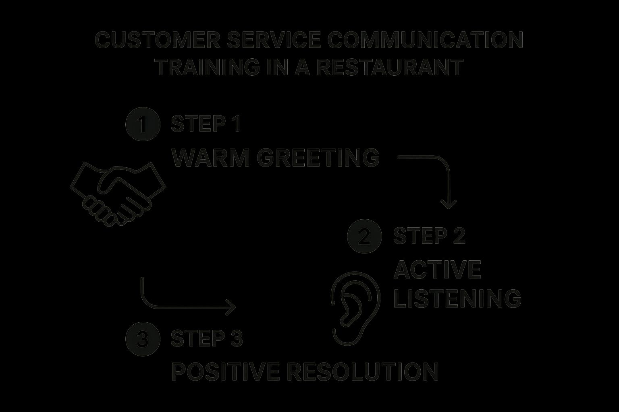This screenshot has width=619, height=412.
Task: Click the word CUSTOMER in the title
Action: pos(158,40)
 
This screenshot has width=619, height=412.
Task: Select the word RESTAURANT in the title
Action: pos(390,67)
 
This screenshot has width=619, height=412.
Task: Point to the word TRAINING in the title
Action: pos(208,67)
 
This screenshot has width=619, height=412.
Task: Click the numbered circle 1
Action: pos(143,124)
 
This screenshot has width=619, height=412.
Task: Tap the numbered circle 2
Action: pos(364,236)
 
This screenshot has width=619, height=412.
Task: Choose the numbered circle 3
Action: pos(143,339)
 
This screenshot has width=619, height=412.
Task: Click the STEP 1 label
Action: pos(206,124)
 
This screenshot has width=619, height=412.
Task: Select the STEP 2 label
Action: pos(430,236)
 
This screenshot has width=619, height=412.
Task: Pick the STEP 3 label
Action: pos(207,338)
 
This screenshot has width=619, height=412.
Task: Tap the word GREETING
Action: pos(318,158)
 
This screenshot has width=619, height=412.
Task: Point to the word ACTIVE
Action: pos(437,269)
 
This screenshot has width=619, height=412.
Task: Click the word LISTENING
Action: pos(457,299)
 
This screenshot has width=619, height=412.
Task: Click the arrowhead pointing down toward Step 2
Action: pos(448,205)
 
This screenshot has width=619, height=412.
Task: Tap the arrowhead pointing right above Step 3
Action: pos(232,307)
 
